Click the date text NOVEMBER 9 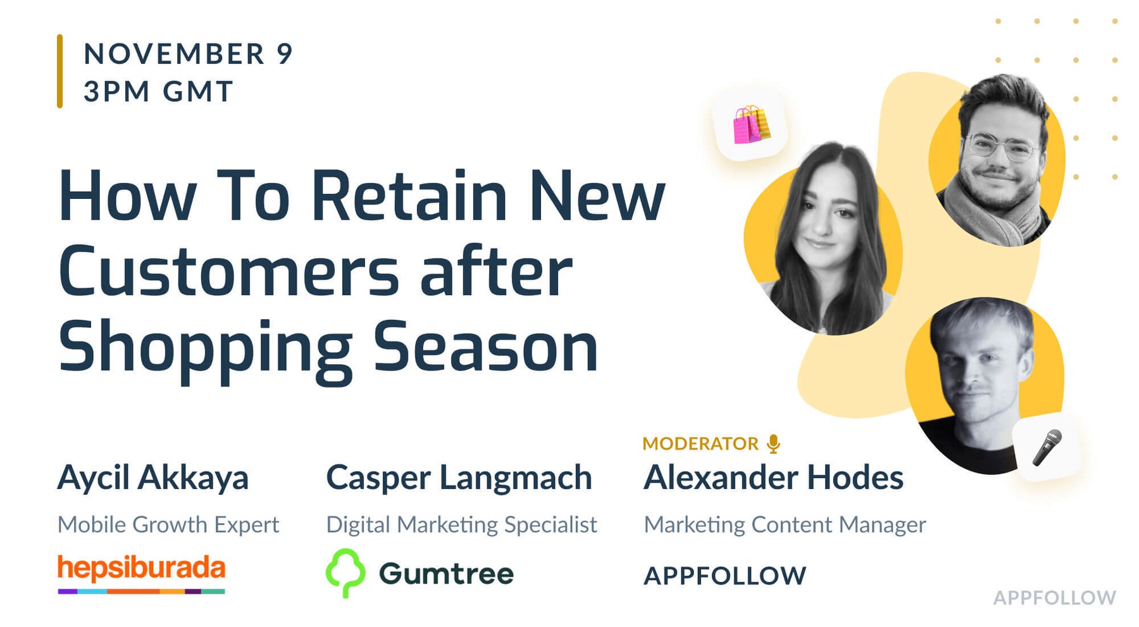[x=188, y=54]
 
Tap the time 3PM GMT [x=158, y=91]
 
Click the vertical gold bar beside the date [x=60, y=71]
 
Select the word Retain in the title [x=409, y=196]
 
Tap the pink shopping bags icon [x=750, y=125]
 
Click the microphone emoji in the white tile [x=1047, y=447]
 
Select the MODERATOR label [x=700, y=443]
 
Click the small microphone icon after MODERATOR [x=773, y=444]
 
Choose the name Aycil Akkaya [x=152, y=478]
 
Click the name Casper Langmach [x=459, y=478]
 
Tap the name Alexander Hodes [x=773, y=478]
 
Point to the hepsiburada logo [x=141, y=572]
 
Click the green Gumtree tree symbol [x=345, y=572]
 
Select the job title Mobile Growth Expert [x=168, y=524]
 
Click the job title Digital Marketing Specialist [x=461, y=524]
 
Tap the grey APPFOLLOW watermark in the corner [x=1054, y=597]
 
